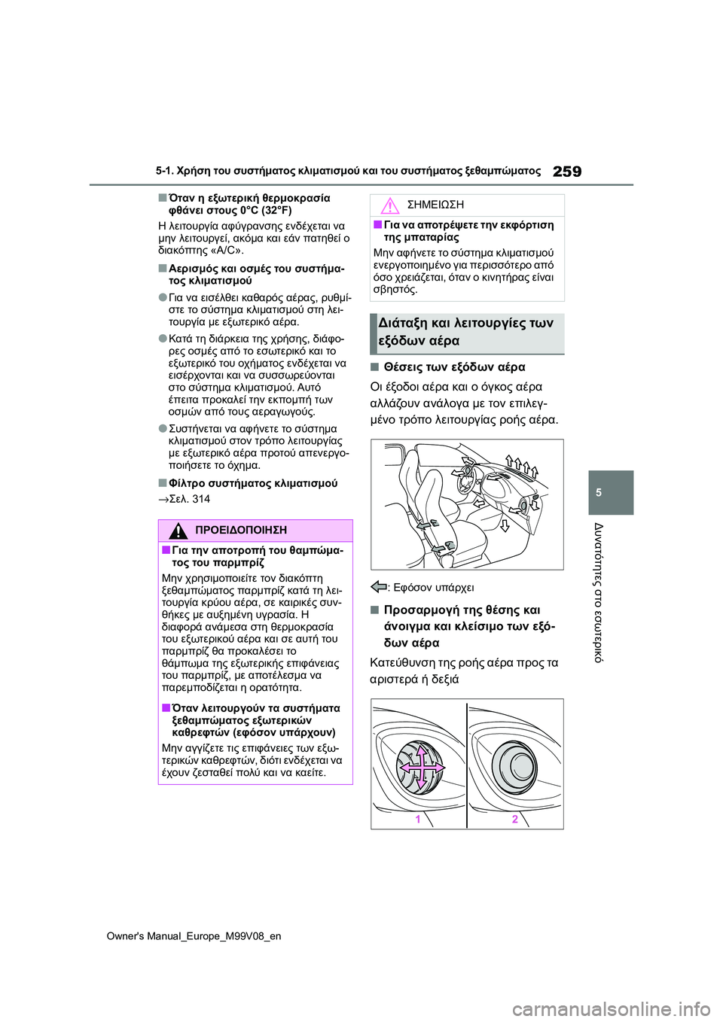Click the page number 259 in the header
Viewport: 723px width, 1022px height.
(x=566, y=172)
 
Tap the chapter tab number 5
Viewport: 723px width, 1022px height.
(x=599, y=492)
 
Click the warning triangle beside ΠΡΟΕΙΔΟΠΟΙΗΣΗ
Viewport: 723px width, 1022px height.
(x=178, y=530)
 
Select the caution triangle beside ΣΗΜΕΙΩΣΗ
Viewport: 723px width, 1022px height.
(x=389, y=205)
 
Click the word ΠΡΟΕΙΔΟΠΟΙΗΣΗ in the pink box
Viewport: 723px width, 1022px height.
(x=240, y=531)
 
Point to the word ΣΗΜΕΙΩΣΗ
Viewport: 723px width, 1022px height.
(x=435, y=205)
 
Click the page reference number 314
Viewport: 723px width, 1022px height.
(x=201, y=499)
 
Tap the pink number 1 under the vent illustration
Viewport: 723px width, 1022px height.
(x=418, y=819)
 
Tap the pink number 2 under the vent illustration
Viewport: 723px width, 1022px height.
(x=515, y=819)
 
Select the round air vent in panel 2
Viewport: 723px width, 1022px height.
(x=518, y=765)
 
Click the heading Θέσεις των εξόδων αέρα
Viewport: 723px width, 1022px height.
(x=454, y=367)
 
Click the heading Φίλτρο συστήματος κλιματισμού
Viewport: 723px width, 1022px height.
(x=252, y=483)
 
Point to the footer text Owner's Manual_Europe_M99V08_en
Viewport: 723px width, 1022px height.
(x=194, y=936)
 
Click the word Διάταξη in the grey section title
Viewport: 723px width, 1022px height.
(x=402, y=324)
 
